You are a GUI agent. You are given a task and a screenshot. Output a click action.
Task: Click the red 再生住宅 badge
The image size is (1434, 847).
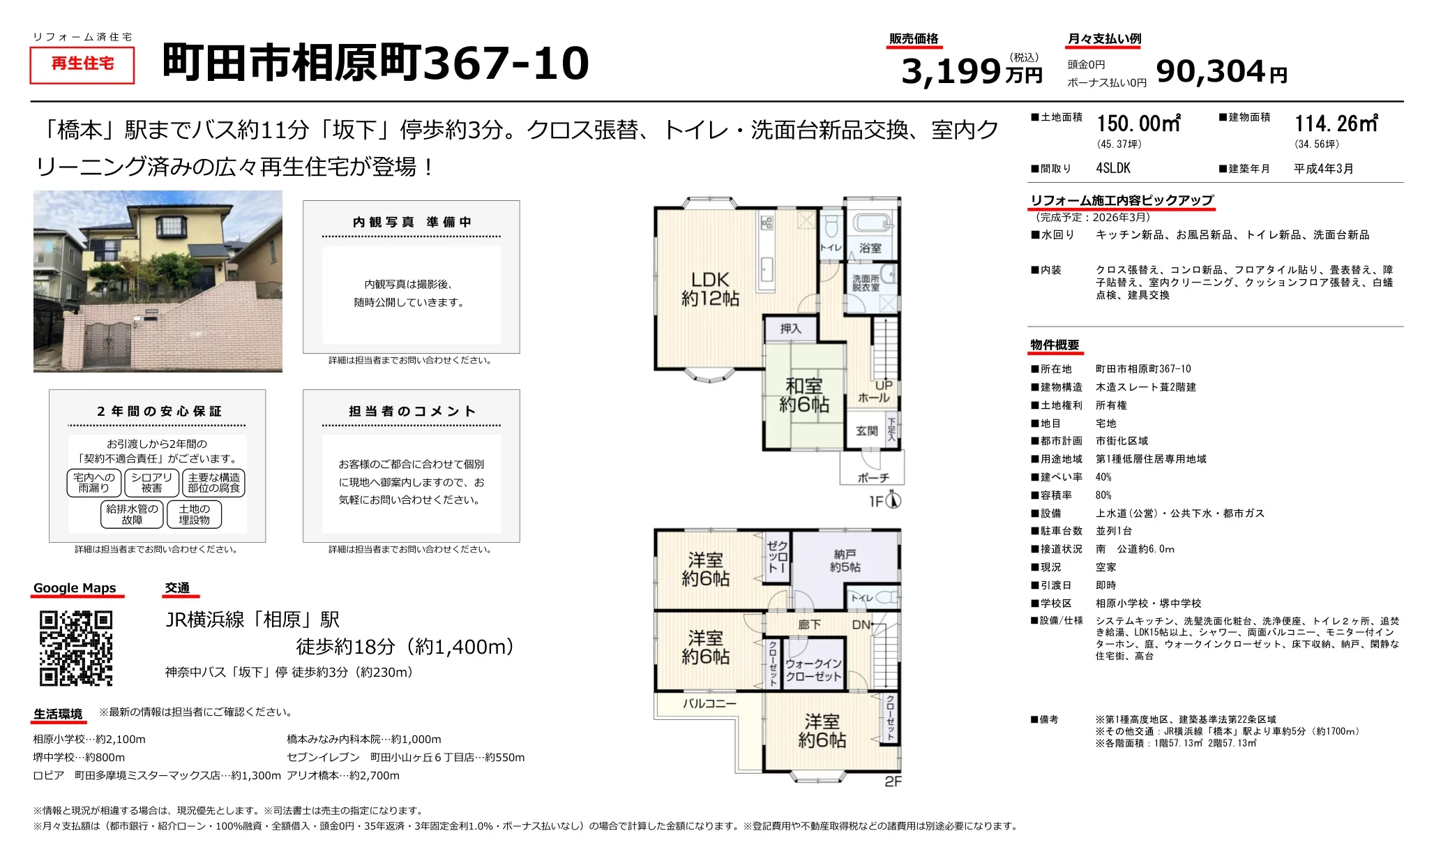[x=82, y=64]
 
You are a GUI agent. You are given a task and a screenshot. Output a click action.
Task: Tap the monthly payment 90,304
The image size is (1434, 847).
[x=1210, y=71]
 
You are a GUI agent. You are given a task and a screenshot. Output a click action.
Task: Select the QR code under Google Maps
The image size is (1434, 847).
[x=76, y=648]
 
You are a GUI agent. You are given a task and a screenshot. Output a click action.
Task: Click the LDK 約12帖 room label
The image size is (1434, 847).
[x=710, y=289]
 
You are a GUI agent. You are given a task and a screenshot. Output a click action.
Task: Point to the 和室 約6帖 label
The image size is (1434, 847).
[x=803, y=395]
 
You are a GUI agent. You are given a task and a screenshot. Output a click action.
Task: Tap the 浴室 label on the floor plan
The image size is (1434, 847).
[x=870, y=248]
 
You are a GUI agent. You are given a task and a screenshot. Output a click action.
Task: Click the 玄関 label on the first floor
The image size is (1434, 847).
[x=866, y=431]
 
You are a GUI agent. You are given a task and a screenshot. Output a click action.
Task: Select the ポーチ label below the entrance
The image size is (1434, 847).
[x=873, y=477]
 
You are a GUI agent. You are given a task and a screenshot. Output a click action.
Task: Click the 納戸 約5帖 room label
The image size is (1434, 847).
[x=845, y=560]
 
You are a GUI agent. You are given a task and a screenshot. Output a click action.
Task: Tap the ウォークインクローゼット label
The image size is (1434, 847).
[x=813, y=670]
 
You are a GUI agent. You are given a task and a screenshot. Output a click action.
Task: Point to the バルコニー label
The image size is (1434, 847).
[x=709, y=703]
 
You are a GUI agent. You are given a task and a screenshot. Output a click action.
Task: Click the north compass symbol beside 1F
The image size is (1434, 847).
[x=893, y=500]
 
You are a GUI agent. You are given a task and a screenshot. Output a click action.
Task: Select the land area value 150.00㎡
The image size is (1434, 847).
[x=1138, y=124]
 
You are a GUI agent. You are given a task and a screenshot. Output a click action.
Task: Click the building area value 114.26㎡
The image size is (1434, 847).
[x=1336, y=124]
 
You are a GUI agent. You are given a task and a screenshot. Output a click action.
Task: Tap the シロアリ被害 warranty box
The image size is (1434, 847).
[x=151, y=483]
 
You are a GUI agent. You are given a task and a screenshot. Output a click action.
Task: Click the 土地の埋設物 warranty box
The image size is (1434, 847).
[x=194, y=514]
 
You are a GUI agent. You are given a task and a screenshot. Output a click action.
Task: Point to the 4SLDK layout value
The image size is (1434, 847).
[x=1113, y=168]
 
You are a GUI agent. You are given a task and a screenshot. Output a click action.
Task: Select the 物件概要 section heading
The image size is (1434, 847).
[x=1055, y=345]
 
